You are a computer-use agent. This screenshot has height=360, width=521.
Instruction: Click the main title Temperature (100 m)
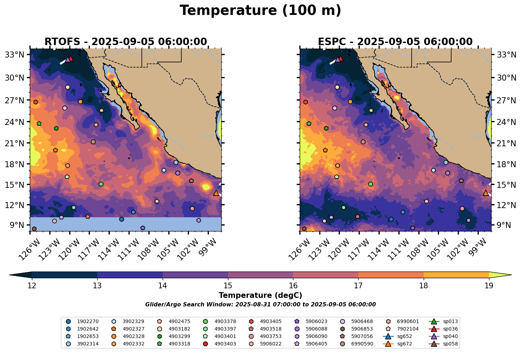[x=260, y=11]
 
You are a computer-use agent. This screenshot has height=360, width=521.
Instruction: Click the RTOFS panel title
[x=125, y=42]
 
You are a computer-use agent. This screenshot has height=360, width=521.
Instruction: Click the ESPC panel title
[x=395, y=42]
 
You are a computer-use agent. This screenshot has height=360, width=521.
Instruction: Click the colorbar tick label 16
[x=293, y=286]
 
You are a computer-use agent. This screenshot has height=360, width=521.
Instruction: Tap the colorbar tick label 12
[x=32, y=286]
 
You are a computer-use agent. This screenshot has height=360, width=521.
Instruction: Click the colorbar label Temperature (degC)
[x=260, y=295]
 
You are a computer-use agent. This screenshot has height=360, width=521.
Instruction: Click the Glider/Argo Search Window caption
[x=260, y=305]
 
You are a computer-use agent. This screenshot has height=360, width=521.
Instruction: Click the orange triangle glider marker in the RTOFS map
[x=216, y=193]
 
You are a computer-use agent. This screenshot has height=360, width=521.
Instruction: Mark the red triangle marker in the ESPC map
[x=341, y=59]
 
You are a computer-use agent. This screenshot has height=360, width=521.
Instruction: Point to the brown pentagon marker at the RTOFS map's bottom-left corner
[x=34, y=229]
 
